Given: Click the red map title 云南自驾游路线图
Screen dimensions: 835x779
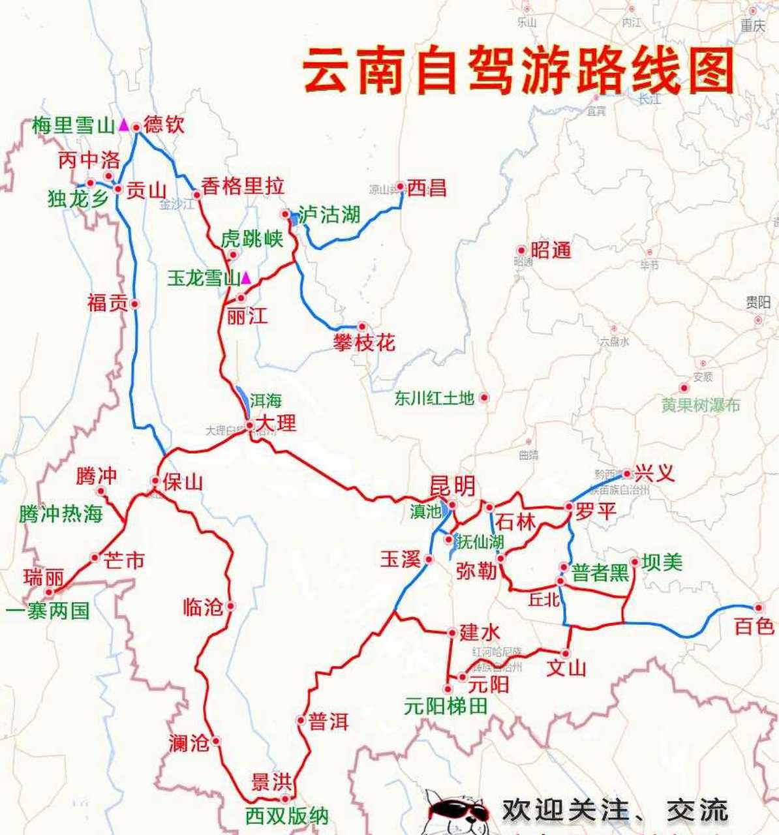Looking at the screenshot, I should click(x=519, y=70).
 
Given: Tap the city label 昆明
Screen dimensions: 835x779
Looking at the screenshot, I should click(x=451, y=486).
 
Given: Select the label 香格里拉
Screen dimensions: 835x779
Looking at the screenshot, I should click(x=243, y=187).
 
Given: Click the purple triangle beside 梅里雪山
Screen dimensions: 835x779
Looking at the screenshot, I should click(x=123, y=125).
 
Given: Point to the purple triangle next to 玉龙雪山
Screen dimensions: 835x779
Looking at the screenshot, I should click(x=246, y=278).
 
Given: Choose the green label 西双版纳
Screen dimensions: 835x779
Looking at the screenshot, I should click(x=286, y=816).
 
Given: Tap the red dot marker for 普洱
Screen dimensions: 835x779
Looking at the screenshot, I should click(x=301, y=721).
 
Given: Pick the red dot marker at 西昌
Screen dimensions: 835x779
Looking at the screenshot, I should click(x=400, y=187).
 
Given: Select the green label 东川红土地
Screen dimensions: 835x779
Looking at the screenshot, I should click(x=434, y=398).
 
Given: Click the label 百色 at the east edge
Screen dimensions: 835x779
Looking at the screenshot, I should click(x=754, y=627).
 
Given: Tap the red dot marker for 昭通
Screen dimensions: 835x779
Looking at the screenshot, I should click(x=521, y=250).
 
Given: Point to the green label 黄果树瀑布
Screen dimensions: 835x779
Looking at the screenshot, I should click(x=701, y=405).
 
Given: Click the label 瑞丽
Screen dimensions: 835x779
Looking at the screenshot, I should click(x=44, y=577).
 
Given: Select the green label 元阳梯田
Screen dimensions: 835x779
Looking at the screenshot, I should click(x=446, y=706).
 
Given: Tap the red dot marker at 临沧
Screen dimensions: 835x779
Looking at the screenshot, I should click(x=230, y=606).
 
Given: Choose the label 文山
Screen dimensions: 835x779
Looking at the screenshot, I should click(x=566, y=668).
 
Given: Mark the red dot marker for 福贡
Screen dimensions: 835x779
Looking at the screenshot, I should click(x=134, y=303).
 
